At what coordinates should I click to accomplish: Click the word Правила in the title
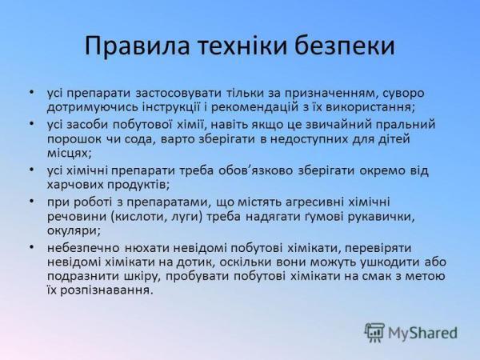tap(137, 46)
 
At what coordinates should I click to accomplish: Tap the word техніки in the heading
tap(242, 46)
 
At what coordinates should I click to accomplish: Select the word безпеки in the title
tap(345, 46)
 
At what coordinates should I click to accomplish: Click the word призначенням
tap(331, 94)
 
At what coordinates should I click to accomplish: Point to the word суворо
tap(403, 94)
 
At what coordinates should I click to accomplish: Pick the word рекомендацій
tap(256, 108)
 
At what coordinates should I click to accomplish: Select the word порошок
tap(74, 140)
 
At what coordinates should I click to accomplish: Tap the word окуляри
tap(74, 231)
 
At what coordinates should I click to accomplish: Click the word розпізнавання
tap(106, 290)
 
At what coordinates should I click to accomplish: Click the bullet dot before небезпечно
tap(31, 246)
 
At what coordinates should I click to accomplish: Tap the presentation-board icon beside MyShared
tap(374, 333)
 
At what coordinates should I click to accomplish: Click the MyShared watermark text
tap(422, 333)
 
